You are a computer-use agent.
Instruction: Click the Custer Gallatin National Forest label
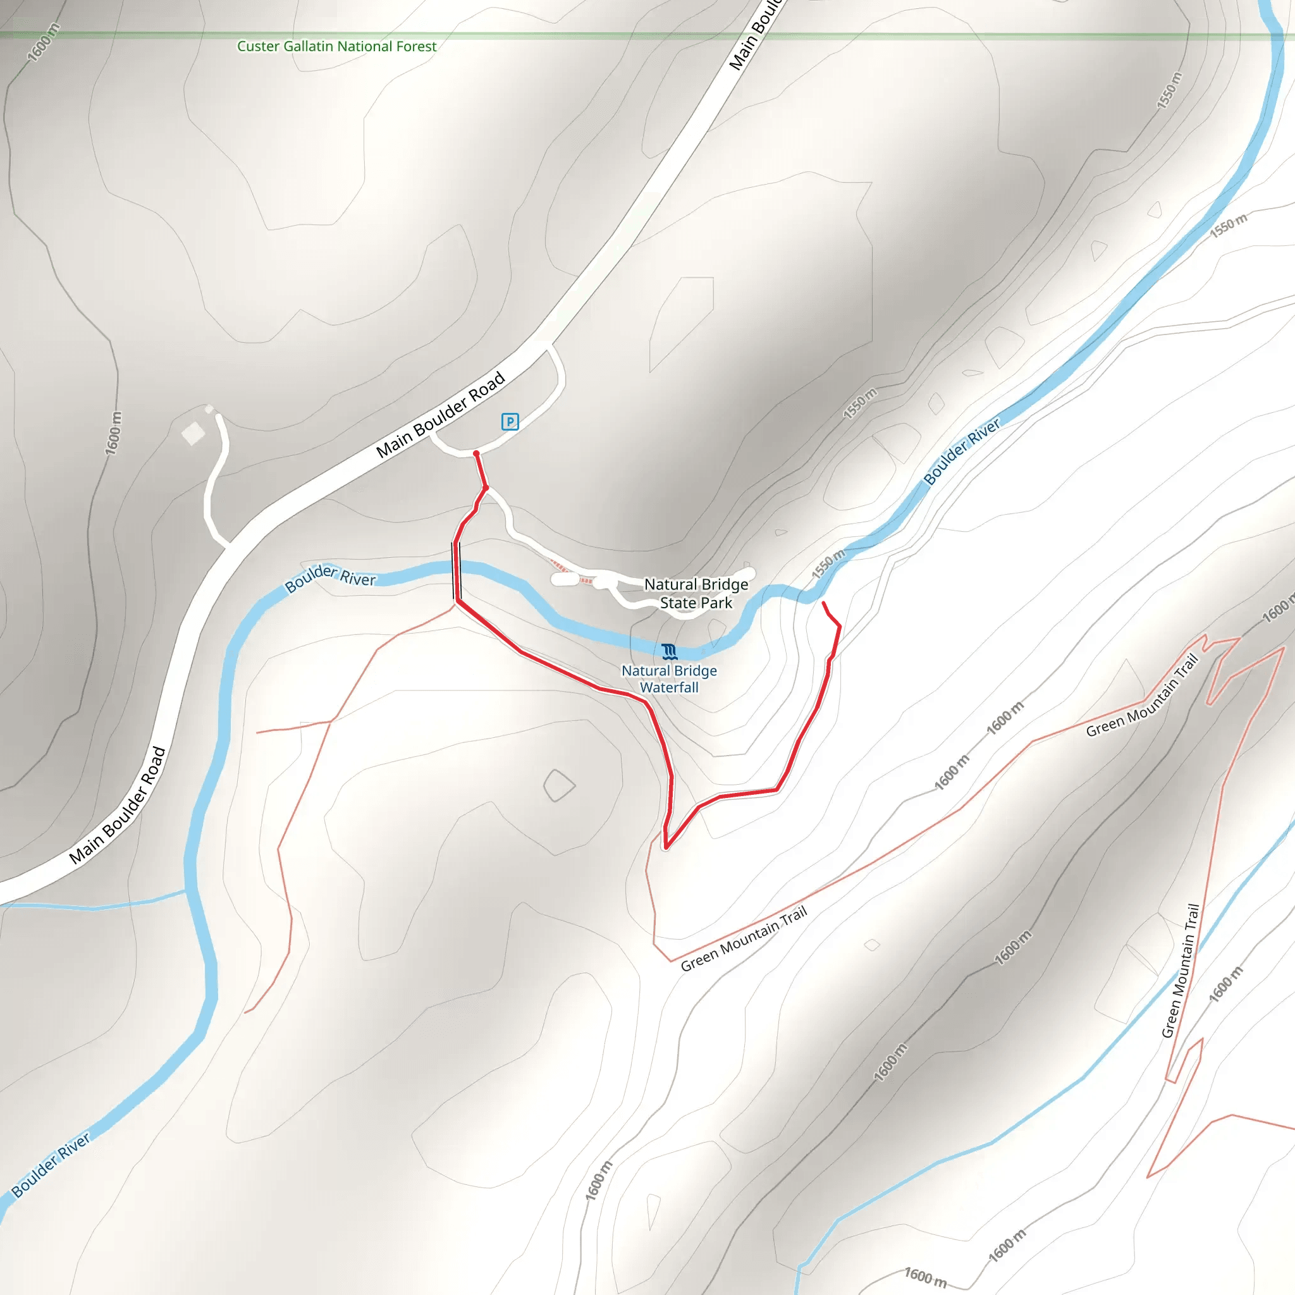(x=336, y=46)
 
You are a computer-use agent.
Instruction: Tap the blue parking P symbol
(x=510, y=422)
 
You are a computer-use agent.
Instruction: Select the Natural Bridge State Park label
(x=696, y=594)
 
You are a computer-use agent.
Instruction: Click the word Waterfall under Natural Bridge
(x=669, y=688)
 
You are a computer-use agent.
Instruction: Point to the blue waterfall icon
(x=669, y=651)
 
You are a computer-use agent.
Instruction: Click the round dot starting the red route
(x=477, y=455)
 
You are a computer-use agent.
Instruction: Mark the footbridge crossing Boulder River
(x=457, y=571)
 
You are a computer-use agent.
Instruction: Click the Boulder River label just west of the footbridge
(x=331, y=577)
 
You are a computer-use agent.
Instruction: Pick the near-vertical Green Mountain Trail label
(x=1181, y=971)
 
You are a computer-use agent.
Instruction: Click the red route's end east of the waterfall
(x=824, y=603)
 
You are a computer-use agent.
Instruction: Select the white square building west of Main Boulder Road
(x=193, y=434)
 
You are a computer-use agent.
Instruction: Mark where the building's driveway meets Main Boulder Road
(x=228, y=543)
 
